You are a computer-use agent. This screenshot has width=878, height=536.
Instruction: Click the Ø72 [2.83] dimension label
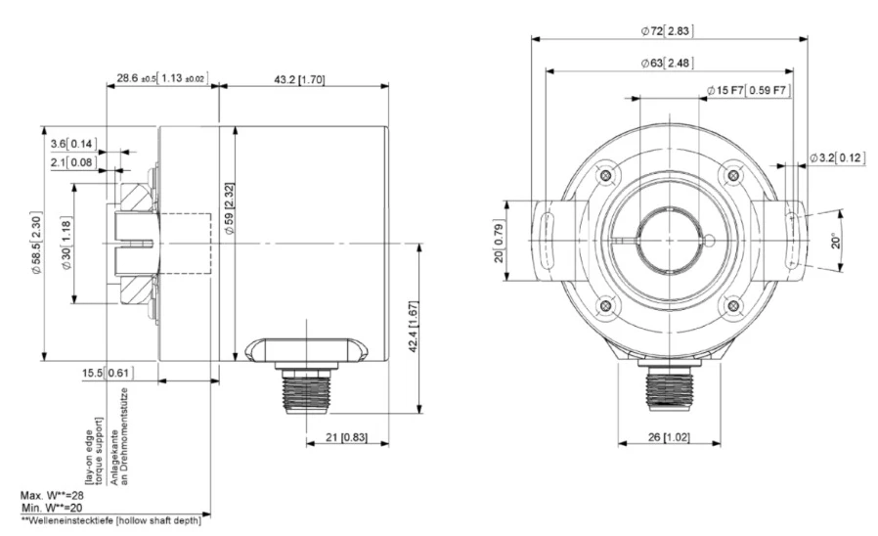(x=667, y=30)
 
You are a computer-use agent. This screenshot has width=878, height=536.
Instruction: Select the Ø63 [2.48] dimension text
(x=667, y=63)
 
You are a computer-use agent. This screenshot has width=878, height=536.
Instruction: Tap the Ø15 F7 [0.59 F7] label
(x=749, y=90)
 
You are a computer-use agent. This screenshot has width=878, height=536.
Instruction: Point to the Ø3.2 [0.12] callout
(x=838, y=157)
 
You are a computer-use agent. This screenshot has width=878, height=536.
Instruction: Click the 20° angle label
(x=835, y=241)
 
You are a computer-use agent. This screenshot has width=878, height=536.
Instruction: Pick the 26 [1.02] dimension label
(x=669, y=437)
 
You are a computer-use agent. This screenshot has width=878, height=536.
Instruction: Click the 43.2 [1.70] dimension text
(x=299, y=79)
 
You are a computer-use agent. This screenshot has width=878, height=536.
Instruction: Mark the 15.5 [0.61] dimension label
(x=108, y=373)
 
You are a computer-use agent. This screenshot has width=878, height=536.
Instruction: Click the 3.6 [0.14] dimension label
(x=73, y=144)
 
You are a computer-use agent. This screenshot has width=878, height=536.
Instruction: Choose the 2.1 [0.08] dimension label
(x=73, y=163)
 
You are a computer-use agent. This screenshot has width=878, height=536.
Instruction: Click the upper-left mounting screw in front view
(x=606, y=175)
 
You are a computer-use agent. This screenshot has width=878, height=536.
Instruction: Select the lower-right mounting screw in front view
(x=733, y=306)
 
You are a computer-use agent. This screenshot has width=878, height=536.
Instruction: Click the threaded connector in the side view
(x=306, y=391)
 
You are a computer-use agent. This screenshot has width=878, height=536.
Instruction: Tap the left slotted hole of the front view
(x=549, y=241)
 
